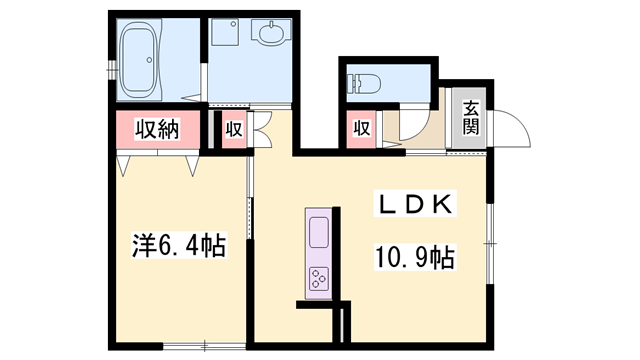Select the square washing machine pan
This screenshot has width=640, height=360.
(225, 37)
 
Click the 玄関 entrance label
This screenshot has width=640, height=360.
(470, 118)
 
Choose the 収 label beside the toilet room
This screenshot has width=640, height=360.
(361, 128)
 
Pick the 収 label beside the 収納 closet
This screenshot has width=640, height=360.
(232, 129)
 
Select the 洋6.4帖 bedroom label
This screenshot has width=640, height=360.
(179, 243)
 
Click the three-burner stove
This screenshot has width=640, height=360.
(319, 279)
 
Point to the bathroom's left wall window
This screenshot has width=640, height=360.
(110, 69)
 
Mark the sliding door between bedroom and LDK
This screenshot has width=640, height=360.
(251, 215)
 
